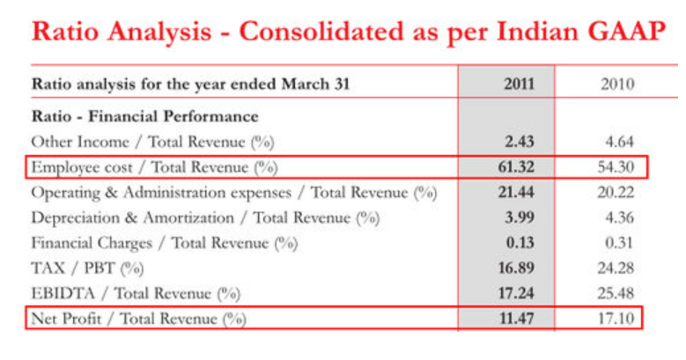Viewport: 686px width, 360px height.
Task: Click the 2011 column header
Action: [x=519, y=84]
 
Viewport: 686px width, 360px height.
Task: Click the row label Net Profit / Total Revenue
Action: [x=138, y=318]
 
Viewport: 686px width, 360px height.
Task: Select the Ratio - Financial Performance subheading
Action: [x=144, y=116]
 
